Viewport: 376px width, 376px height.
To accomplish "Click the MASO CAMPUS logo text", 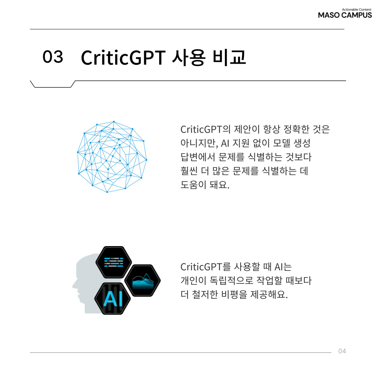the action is (345, 15).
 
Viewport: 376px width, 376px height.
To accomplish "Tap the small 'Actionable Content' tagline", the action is (357, 10).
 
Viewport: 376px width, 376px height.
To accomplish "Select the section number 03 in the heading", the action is (53, 57).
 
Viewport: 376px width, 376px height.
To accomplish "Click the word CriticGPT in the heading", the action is (123, 58).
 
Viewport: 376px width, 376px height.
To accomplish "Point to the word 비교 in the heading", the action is (229, 57).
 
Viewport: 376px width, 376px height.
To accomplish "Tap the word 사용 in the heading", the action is (189, 57).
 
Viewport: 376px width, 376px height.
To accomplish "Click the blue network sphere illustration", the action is (112, 157).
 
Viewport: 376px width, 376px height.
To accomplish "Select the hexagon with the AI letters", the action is (113, 299).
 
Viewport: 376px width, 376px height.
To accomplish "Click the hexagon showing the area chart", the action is (143, 281).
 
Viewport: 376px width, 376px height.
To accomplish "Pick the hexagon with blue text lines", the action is (113, 262).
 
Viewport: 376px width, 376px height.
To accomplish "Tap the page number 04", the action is (342, 351).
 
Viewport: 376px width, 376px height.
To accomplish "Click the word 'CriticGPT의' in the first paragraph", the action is (205, 130).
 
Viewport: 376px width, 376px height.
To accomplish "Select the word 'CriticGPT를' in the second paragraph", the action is (205, 267).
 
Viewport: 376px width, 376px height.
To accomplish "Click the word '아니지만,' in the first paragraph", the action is (199, 143).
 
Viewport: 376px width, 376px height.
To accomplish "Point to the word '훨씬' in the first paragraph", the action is (189, 171).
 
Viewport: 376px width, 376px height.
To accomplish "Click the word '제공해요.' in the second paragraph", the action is (269, 295).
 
